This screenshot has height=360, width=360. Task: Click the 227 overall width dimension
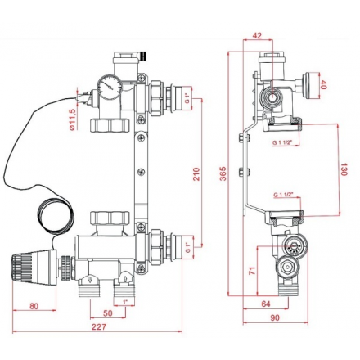pyautogui.click(x=98, y=326)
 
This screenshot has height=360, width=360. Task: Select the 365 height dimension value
pyautogui.click(x=223, y=173)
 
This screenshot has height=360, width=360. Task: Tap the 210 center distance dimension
pyautogui.click(x=196, y=174)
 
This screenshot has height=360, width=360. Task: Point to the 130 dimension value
pyautogui.click(x=344, y=169)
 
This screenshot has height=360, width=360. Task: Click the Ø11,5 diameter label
pyautogui.click(x=72, y=119)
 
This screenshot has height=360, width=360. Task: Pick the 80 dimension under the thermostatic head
pyautogui.click(x=34, y=306)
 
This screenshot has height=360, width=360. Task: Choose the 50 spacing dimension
pyautogui.click(x=108, y=313)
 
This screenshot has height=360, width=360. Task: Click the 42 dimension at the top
pyautogui.click(x=257, y=35)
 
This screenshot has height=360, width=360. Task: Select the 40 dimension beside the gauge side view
pyautogui.click(x=323, y=85)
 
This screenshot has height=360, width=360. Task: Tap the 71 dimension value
pyautogui.click(x=253, y=270)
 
